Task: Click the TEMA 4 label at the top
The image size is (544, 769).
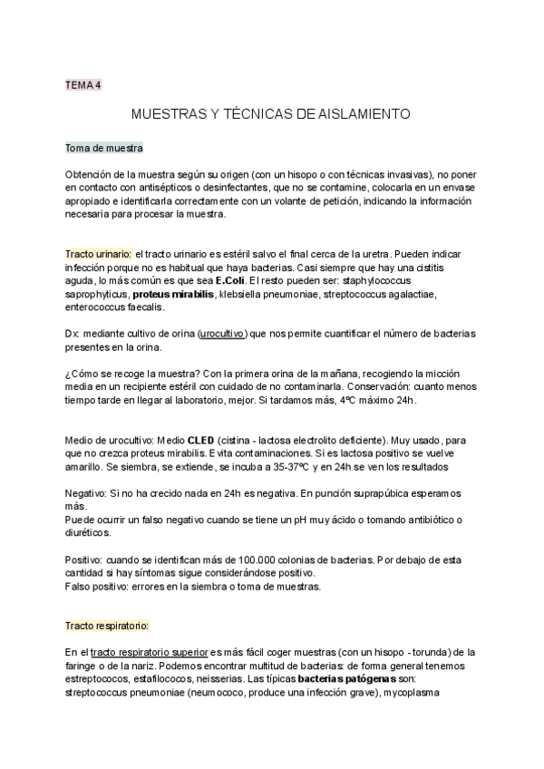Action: pos(83,85)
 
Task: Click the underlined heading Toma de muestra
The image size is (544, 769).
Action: pos(103,148)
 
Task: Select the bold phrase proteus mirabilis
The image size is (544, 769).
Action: pos(173,295)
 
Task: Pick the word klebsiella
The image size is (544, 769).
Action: pos(243,295)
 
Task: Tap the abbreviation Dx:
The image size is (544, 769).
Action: pos(73,334)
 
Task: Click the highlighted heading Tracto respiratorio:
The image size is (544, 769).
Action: pos(107,626)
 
